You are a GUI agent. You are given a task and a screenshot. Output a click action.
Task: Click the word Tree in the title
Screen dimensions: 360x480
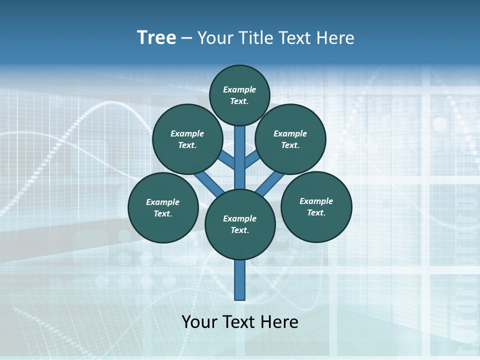coord(156,37)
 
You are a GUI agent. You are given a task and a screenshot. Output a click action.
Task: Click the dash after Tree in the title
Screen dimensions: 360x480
coord(186,38)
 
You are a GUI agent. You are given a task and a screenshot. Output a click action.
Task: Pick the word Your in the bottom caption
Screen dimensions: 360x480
coord(198,321)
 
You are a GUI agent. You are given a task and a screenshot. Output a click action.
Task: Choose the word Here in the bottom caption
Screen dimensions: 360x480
coord(279,321)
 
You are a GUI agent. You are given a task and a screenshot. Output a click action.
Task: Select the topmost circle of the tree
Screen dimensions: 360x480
coord(239,95)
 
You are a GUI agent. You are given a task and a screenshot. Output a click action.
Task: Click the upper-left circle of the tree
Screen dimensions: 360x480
coord(187,139)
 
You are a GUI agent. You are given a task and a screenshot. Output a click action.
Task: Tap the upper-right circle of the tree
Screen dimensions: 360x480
coord(290,139)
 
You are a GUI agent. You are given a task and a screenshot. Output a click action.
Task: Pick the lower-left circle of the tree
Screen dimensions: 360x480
coord(163,207)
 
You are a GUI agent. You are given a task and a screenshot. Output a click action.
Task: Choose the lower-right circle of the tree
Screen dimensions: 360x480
coord(316,206)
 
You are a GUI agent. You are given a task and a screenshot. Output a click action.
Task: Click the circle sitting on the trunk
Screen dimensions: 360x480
coord(240,224)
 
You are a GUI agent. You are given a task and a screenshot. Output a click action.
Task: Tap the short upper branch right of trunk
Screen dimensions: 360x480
coord(251,159)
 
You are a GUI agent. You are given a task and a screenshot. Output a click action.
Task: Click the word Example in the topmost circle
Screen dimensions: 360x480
coord(239,89)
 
